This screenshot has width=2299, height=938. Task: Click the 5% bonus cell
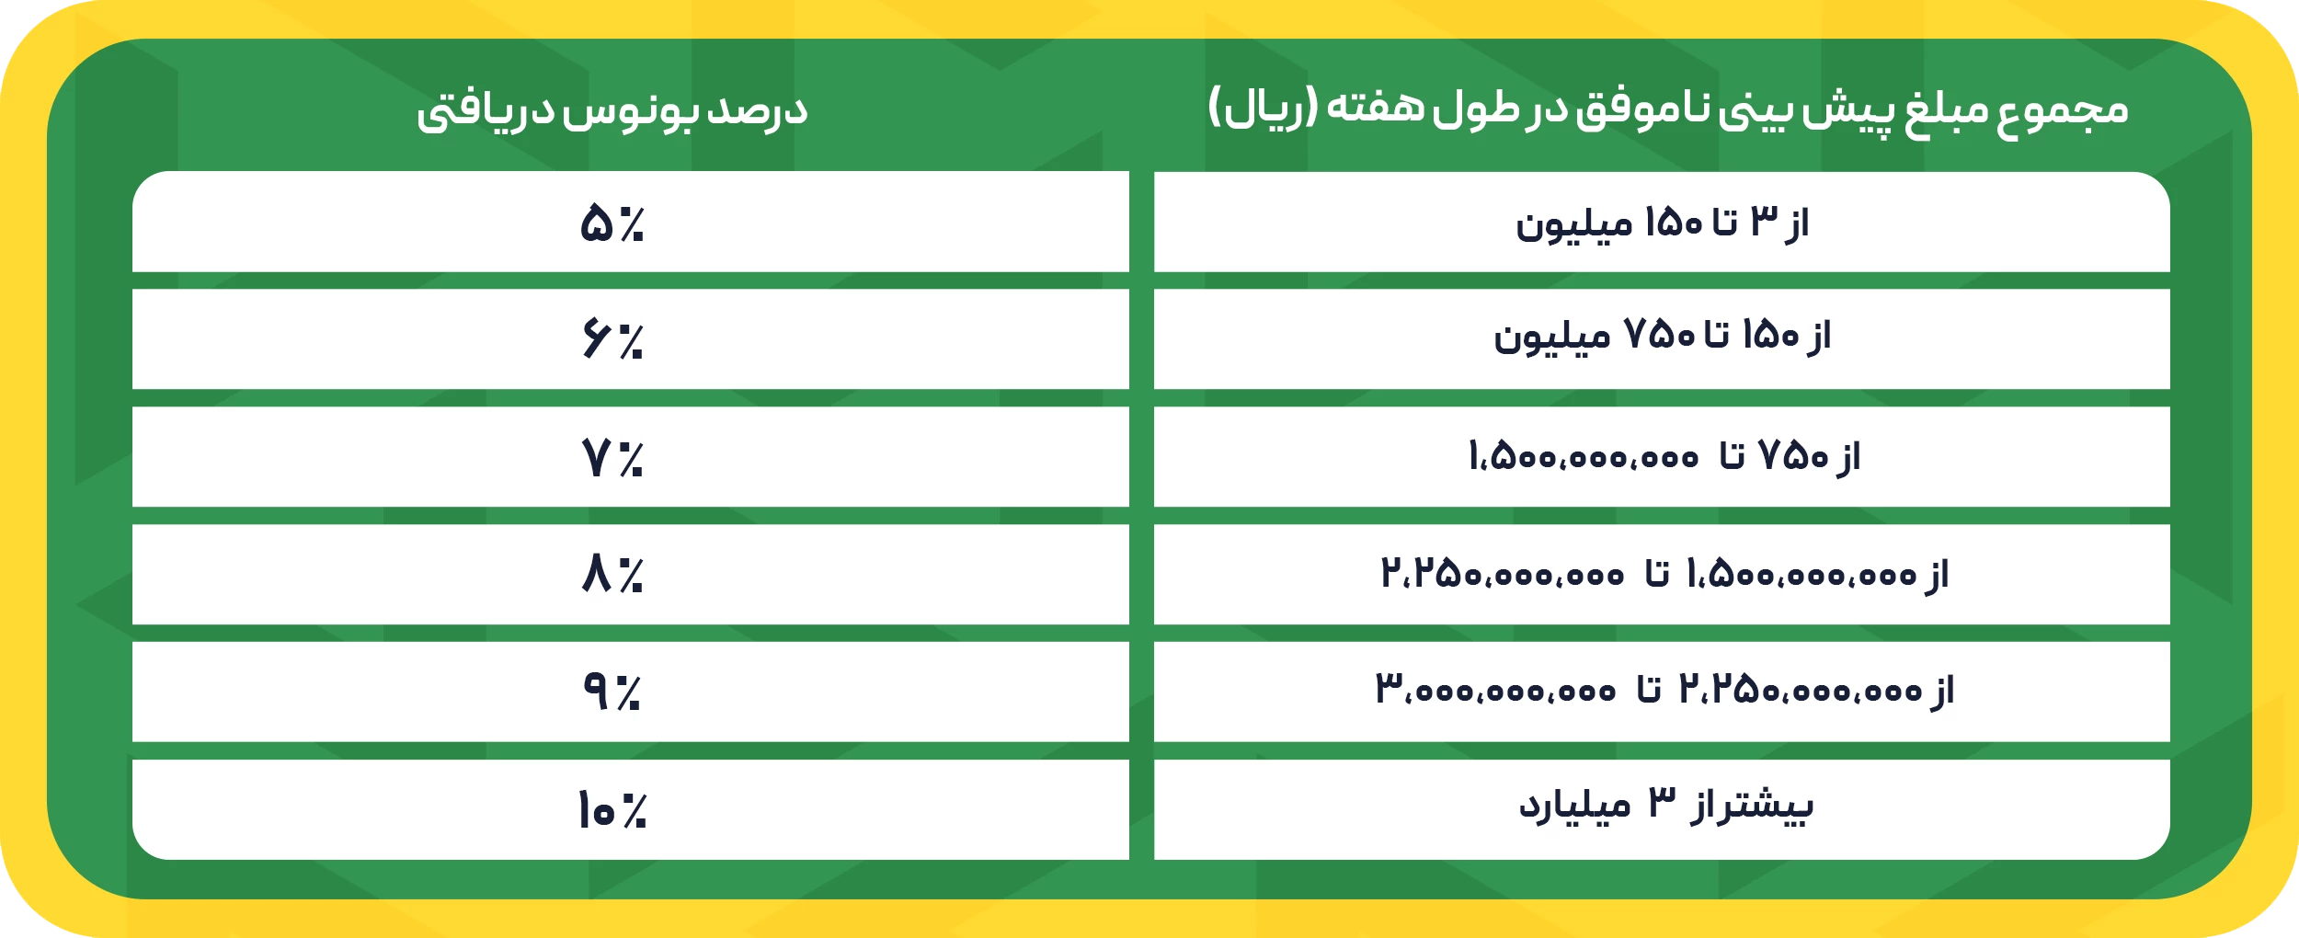tap(612, 223)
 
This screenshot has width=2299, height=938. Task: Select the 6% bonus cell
tap(612, 339)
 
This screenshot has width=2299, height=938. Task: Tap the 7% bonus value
tap(612, 457)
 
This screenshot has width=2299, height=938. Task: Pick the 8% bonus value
tap(612, 575)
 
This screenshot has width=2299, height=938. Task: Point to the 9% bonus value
tap(612, 692)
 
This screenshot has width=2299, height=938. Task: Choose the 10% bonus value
tap(612, 810)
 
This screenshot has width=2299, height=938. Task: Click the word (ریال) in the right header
tap(1262, 109)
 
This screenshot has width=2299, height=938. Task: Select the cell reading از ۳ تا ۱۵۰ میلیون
tap(1662, 223)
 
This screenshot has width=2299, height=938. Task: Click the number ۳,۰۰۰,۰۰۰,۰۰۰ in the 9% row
tap(1495, 690)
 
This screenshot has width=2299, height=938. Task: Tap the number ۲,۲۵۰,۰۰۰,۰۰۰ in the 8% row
tap(1502, 575)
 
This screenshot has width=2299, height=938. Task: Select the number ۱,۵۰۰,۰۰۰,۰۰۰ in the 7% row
tap(1583, 457)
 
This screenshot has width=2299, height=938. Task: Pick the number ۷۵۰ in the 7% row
tap(1793, 455)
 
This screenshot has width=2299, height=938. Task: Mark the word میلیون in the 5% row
tap(1573, 225)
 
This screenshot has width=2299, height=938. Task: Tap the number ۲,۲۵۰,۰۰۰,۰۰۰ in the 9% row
tap(1800, 690)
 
